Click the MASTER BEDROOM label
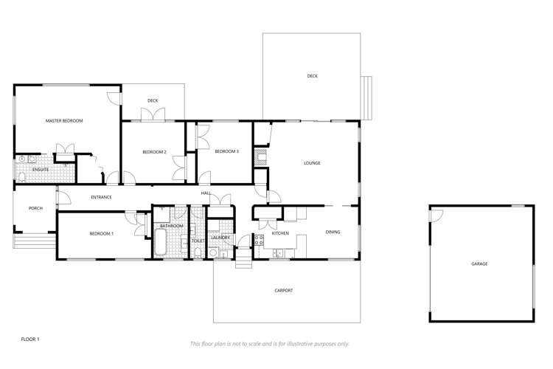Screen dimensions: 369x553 pyautogui.click(x=64, y=120)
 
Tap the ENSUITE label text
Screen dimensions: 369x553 pyautogui.click(x=41, y=170)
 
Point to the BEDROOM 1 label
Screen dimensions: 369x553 pyautogui.click(x=102, y=234)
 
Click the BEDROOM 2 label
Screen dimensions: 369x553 pyautogui.click(x=154, y=152)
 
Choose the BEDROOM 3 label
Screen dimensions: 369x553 pyautogui.click(x=226, y=151)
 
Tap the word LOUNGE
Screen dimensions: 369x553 pyautogui.click(x=312, y=162)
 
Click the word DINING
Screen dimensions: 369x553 pyautogui.click(x=333, y=232)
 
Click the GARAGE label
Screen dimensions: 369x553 pyautogui.click(x=480, y=263)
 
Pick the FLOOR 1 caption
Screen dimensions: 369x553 pyautogui.click(x=29, y=339)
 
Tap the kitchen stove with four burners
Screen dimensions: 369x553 pyautogui.click(x=259, y=238)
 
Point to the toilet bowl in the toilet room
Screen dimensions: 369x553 pyautogui.click(x=198, y=252)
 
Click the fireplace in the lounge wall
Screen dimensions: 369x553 pyautogui.click(x=260, y=156)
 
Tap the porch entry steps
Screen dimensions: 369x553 pyautogui.click(x=34, y=242)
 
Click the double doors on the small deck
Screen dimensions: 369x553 pyautogui.click(x=153, y=114)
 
